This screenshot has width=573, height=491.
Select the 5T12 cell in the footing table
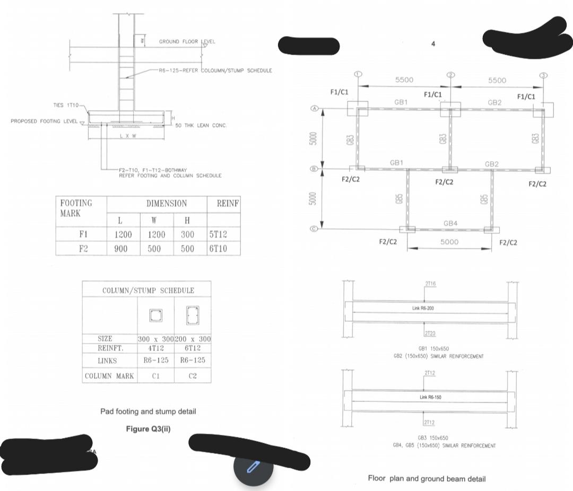(218, 234)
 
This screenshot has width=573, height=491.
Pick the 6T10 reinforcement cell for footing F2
(218, 248)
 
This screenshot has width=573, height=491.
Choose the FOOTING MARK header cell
(76, 208)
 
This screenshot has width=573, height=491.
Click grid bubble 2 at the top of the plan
(450, 74)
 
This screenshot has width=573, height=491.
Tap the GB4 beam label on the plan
(450, 223)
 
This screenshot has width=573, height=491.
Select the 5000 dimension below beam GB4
(449, 242)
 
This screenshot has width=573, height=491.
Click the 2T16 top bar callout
(430, 284)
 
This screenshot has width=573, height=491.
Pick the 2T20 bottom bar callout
(430, 333)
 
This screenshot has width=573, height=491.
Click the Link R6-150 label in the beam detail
(430, 397)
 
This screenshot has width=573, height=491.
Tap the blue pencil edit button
(253, 467)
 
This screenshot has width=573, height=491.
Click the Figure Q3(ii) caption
(148, 428)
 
